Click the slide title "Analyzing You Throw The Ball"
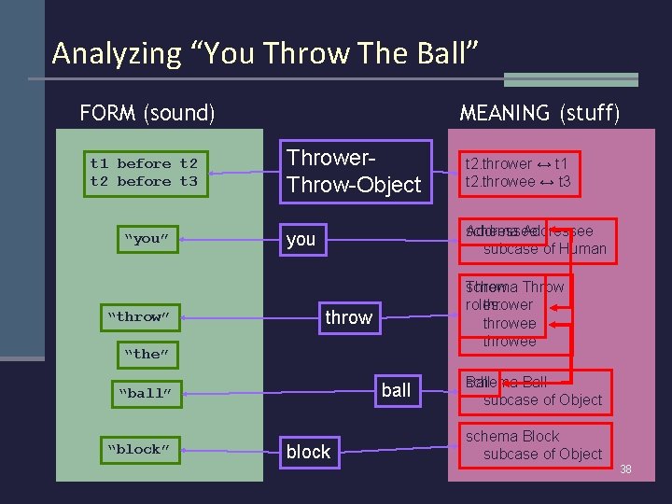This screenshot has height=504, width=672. click(266, 53)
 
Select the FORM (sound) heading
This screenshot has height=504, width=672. click(147, 113)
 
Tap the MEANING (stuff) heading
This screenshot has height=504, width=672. click(539, 113)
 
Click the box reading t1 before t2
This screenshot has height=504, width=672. click(144, 173)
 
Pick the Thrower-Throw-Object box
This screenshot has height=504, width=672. click(355, 171)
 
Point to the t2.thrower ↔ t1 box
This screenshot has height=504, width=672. click(518, 173)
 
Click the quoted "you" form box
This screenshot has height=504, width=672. click(146, 238)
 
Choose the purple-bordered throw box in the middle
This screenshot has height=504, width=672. click(348, 317)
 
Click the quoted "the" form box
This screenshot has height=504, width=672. click(146, 354)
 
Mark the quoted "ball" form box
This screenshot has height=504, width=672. click(145, 393)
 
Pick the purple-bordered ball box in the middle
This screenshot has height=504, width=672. click(396, 390)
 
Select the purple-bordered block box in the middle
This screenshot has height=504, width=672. click(308, 452)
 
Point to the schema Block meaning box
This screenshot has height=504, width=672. click(536, 445)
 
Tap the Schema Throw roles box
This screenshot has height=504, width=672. click(514, 314)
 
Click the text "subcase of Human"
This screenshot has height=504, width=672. click(544, 248)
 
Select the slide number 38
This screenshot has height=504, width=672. click(625, 469)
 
